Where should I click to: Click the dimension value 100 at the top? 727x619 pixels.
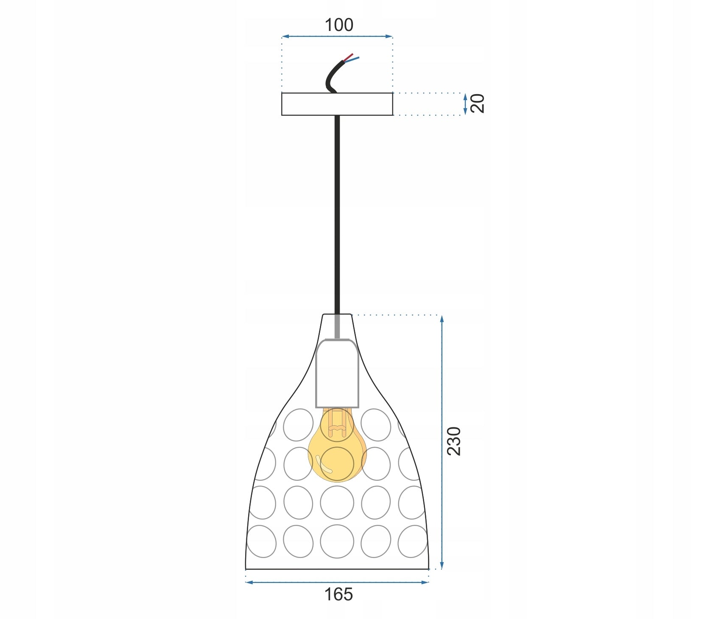point(338,25)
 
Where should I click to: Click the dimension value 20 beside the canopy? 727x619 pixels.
point(478,103)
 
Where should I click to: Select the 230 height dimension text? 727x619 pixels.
point(454,441)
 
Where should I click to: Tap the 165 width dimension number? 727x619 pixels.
point(338,594)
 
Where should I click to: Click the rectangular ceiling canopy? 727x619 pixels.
point(337,104)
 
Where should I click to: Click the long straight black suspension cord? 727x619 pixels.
point(337,212)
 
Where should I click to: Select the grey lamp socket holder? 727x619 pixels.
point(337,373)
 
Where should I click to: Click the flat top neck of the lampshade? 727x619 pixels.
point(337,315)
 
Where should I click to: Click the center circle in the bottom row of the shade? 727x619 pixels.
point(337,541)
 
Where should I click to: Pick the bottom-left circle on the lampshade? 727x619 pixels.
point(261,541)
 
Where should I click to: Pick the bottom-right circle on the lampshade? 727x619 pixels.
point(413,541)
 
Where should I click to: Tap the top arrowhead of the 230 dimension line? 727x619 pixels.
point(442,318)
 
